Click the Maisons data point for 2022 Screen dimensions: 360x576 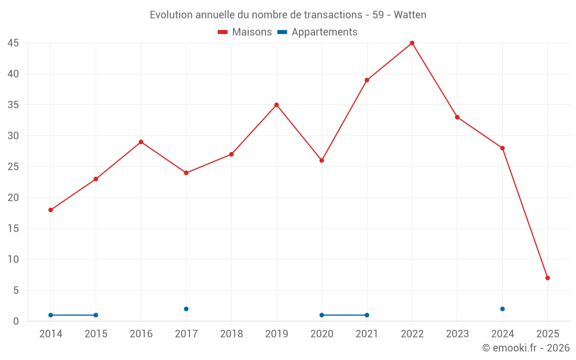412,43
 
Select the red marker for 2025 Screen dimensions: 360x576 547,278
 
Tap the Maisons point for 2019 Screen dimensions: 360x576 276,105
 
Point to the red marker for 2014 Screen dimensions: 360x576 51,210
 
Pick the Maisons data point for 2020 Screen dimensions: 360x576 321,160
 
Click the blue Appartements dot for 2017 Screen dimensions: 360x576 186,309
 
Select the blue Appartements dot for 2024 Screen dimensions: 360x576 502,309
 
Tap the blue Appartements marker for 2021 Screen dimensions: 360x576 367,315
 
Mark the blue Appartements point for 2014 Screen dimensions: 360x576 51,315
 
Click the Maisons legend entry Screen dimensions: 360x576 245,32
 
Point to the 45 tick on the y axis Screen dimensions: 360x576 13,43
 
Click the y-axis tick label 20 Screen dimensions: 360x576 13,198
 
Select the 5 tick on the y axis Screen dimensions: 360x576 16,290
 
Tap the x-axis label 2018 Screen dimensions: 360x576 232,334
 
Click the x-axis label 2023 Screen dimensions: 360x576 457,334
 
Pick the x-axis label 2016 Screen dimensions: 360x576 141,334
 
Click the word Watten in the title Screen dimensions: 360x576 410,15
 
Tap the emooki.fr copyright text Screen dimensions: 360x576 525,348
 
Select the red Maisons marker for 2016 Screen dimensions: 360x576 141,142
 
